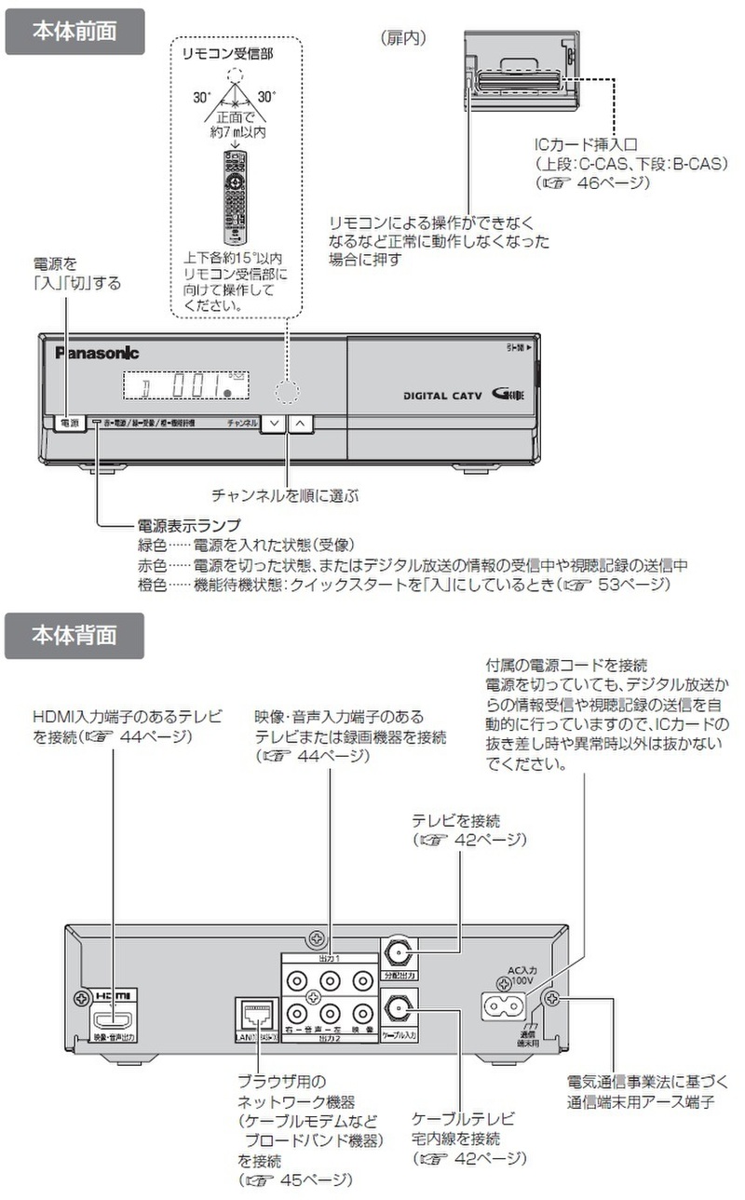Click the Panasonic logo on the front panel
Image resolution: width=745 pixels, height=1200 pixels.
96,352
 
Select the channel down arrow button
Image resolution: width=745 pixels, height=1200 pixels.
273,422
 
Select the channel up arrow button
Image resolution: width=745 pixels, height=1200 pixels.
302,422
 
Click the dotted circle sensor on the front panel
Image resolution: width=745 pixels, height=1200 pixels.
290,390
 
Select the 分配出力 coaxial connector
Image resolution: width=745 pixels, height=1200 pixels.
400,953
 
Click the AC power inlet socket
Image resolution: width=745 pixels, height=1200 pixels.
503,1006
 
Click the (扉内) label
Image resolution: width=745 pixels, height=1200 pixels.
403,38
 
